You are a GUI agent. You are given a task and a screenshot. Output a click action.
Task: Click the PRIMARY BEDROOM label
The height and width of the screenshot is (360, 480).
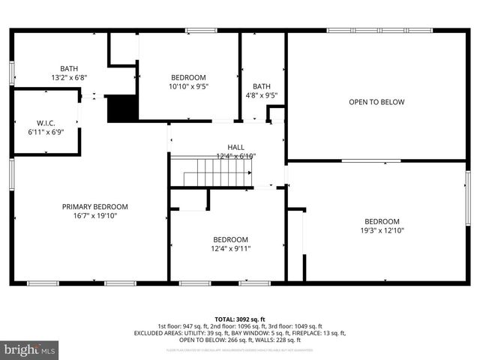click(94, 207)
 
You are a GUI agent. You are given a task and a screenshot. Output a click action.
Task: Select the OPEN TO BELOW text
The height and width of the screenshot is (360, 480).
click(376, 102)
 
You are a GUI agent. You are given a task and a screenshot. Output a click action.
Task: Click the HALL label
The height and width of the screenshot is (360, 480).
click(236, 148)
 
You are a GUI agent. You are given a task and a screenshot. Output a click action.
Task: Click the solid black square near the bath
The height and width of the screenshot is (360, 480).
click(122, 108)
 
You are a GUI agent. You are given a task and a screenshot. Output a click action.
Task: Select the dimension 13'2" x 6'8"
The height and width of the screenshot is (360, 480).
click(69, 77)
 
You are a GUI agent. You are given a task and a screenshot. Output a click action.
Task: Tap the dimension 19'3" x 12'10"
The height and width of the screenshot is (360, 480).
click(382, 230)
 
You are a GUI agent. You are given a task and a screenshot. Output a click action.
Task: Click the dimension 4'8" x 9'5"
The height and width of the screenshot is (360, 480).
click(261, 95)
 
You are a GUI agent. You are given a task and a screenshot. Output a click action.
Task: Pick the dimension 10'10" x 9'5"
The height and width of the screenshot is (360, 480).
click(189, 86)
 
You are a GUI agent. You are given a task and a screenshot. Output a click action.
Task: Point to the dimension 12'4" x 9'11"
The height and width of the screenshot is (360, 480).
click(230, 249)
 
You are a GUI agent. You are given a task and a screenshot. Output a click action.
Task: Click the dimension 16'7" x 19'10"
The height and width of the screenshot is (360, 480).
click(94, 216)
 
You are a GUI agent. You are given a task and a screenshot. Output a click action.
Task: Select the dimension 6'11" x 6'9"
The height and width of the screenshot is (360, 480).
click(46, 132)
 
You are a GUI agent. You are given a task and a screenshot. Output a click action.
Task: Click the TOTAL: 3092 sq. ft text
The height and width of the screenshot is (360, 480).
click(240, 319)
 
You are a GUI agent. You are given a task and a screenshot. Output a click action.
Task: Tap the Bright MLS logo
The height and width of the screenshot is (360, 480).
click(30, 349)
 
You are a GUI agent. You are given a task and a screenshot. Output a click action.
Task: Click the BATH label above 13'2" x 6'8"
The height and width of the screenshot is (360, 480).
click(69, 68)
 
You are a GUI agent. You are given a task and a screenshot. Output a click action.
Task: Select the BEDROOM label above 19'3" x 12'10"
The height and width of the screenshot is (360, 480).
click(382, 221)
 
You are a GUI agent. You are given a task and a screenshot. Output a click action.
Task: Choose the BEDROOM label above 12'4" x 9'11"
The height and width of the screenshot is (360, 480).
click(230, 240)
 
